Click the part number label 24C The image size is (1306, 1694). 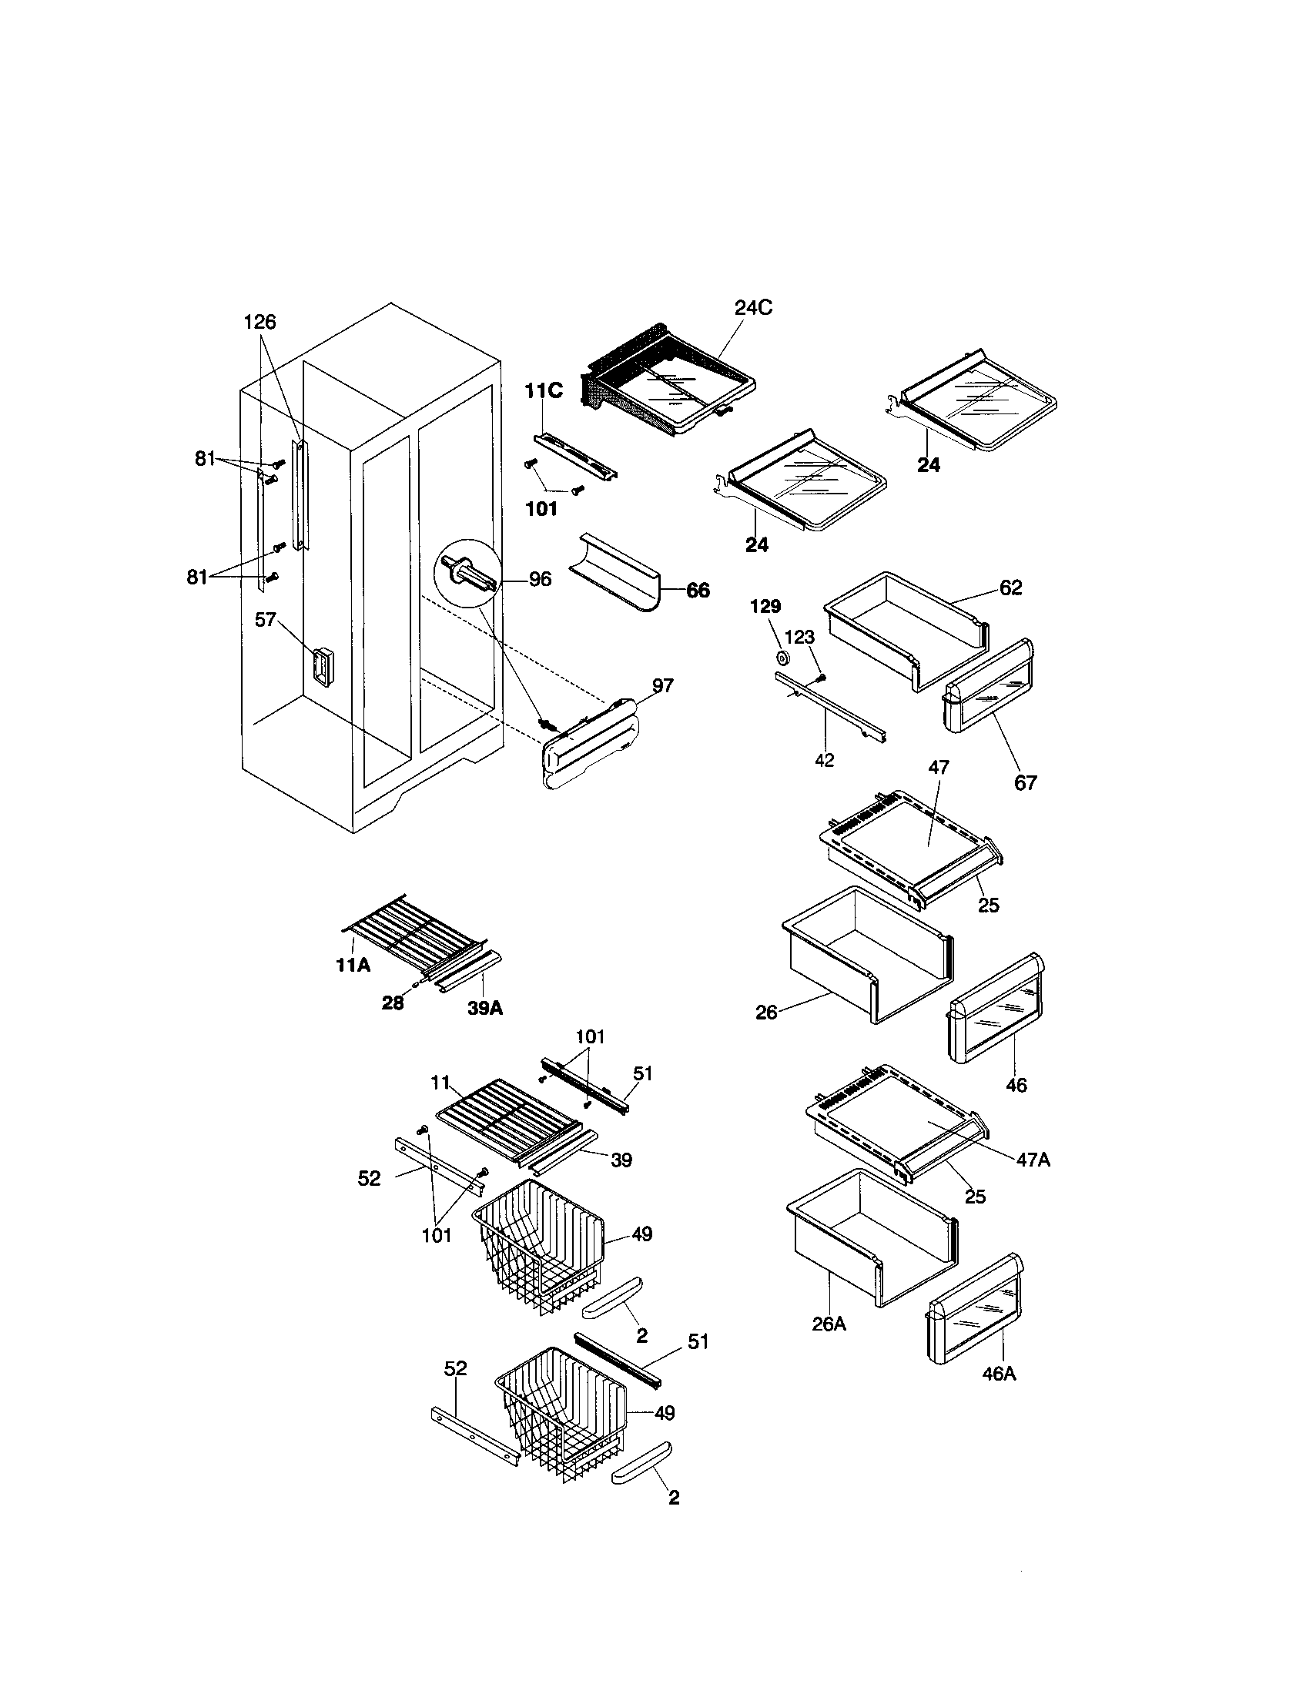tap(753, 308)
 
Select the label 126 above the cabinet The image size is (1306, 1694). tap(260, 322)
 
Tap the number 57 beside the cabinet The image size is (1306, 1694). tap(266, 620)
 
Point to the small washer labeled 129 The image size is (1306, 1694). tap(782, 658)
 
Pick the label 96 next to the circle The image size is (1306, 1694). tap(540, 579)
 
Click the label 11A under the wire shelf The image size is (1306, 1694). tap(353, 965)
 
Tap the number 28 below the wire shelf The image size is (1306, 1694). tap(393, 1003)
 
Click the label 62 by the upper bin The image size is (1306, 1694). tap(1010, 588)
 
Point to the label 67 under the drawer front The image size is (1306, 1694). tap(1025, 783)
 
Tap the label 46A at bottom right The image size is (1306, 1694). tap(999, 1374)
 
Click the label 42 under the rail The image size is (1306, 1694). tap(825, 761)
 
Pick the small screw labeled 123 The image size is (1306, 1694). tap(822, 677)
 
